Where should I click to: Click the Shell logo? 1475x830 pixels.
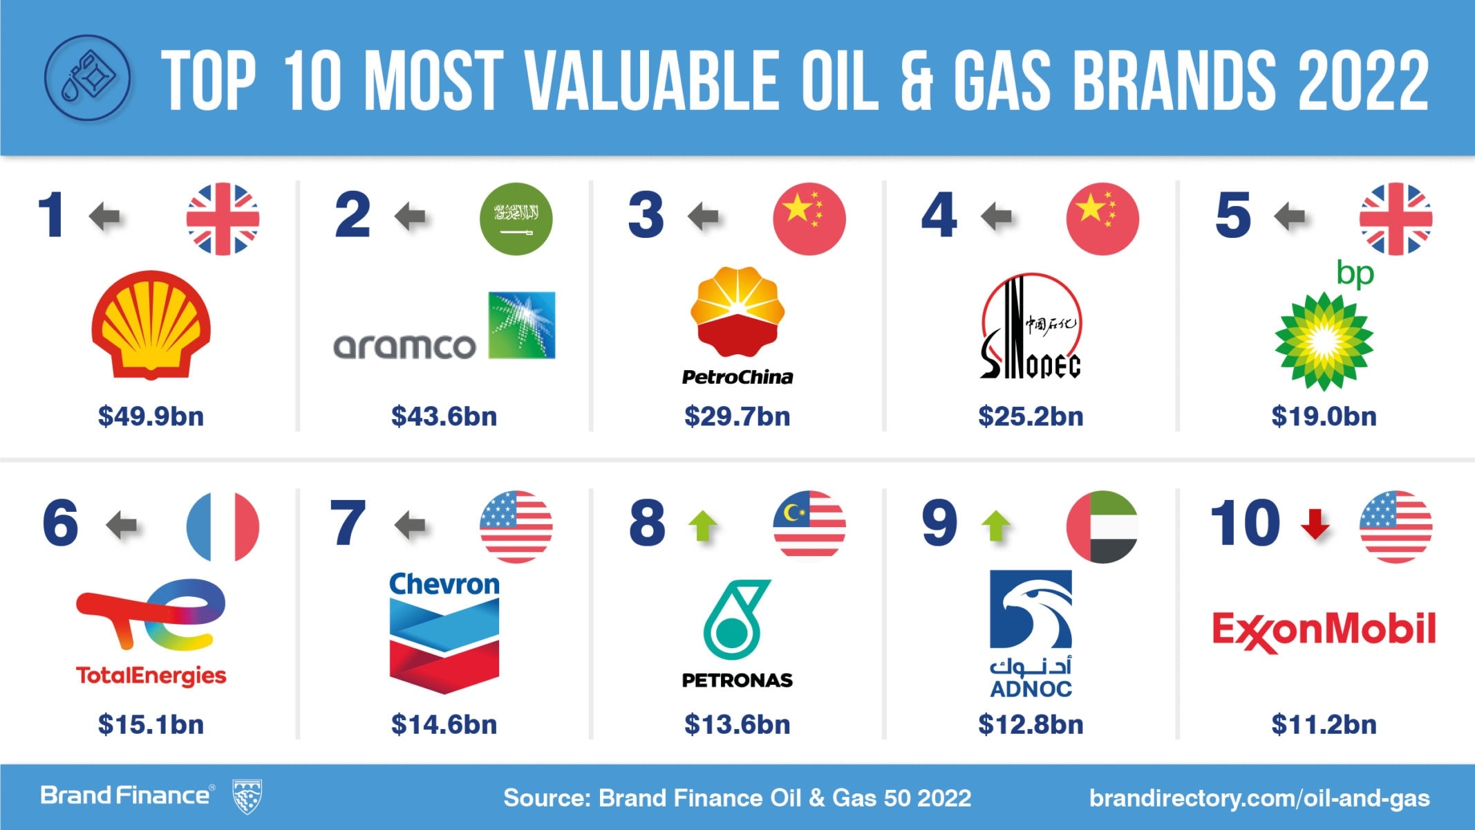[151, 324]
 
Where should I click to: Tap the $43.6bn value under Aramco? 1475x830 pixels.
[444, 416]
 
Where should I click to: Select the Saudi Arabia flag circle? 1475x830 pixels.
[516, 219]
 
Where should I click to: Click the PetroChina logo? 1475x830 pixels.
[737, 325]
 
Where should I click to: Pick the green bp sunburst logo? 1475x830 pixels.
[1324, 339]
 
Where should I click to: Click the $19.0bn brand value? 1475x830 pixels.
[1324, 416]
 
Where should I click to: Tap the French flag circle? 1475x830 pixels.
[223, 526]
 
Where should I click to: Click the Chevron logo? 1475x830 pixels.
[444, 631]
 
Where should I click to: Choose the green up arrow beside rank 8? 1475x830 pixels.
[703, 526]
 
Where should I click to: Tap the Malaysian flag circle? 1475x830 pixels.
[809, 526]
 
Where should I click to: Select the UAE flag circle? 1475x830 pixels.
[1102, 526]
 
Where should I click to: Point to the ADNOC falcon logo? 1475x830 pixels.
[1031, 609]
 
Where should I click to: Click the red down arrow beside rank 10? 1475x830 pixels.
[1315, 524]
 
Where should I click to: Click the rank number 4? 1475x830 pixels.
[939, 216]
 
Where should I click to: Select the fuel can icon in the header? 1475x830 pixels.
[87, 78]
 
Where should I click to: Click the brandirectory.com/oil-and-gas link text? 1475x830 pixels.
[1259, 798]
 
